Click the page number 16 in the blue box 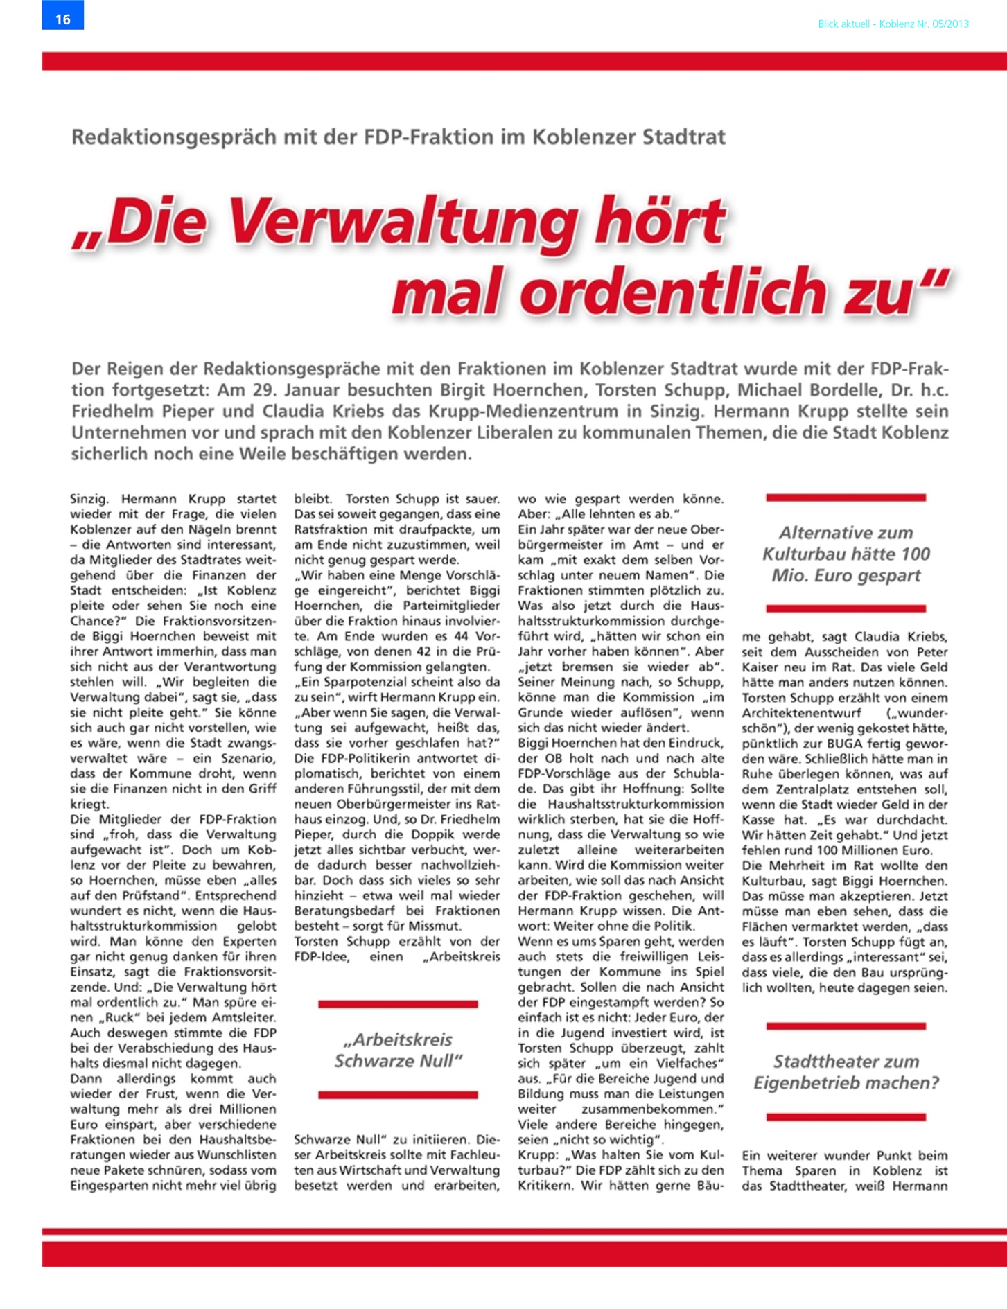click(x=63, y=19)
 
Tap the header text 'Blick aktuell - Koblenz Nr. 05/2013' click(x=893, y=24)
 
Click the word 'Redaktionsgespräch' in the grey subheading click(x=175, y=137)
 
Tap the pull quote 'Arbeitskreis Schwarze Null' click(x=398, y=1050)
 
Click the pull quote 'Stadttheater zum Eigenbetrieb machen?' click(x=846, y=1072)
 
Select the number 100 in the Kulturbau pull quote click(x=915, y=554)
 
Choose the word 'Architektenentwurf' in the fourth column click(x=801, y=713)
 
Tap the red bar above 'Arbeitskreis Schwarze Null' click(x=398, y=1003)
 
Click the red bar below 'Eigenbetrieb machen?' click(x=846, y=1116)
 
